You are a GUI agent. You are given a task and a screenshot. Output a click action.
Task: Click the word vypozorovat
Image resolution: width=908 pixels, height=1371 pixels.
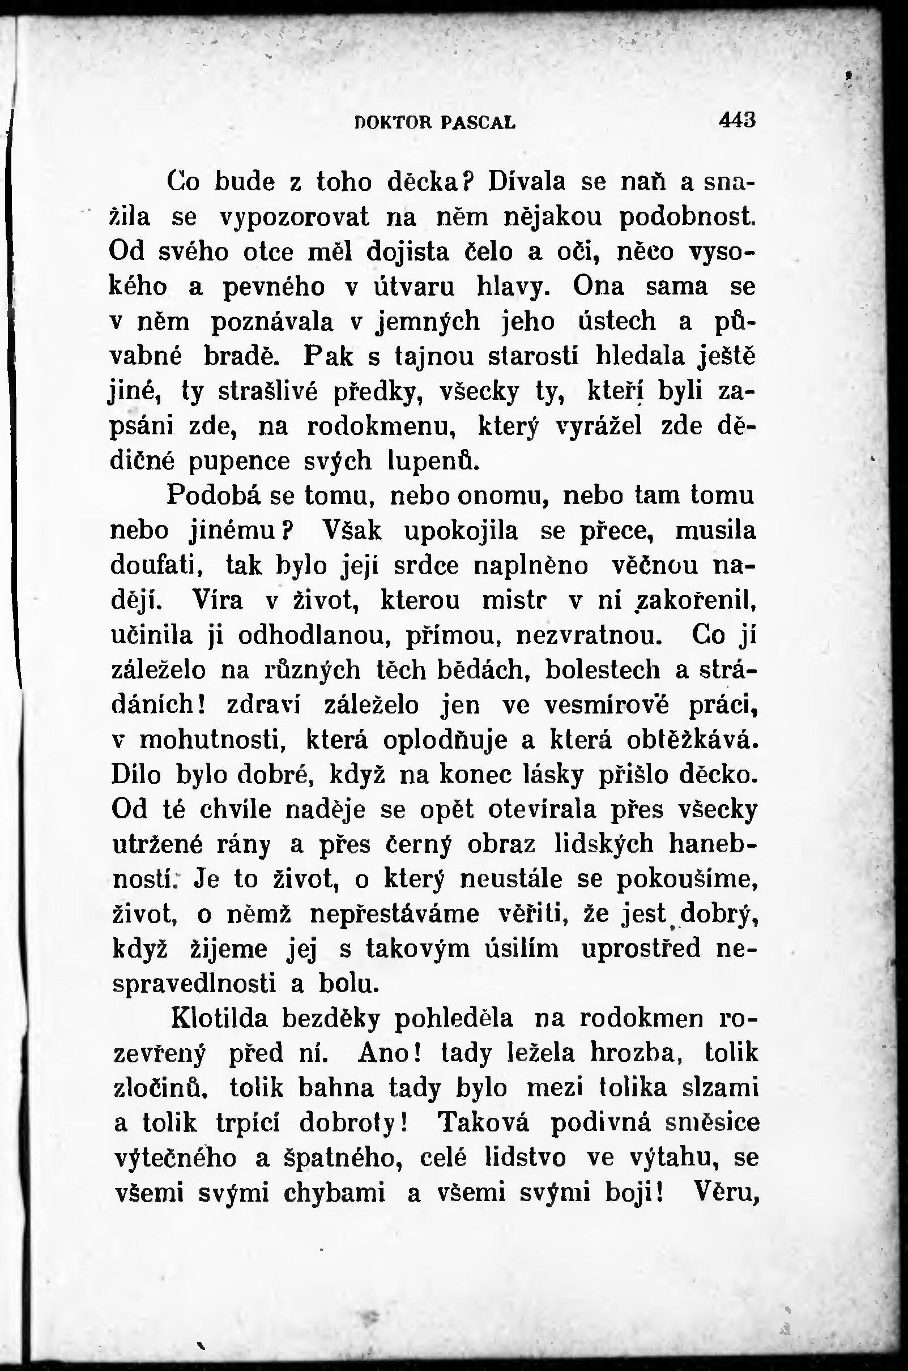click(x=294, y=217)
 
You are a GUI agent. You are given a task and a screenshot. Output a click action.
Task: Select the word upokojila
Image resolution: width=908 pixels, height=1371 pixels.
click(x=461, y=531)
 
